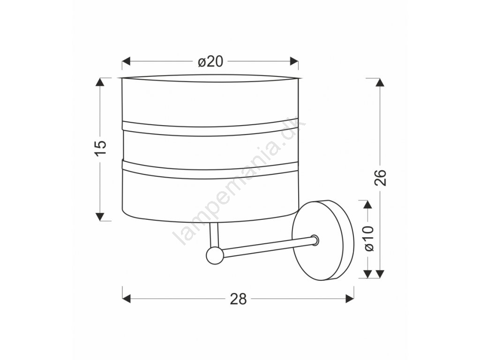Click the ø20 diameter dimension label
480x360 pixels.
point(210,62)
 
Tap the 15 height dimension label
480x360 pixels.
point(100,149)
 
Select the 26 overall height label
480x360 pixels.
point(380,178)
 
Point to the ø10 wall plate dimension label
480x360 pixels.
point(369,239)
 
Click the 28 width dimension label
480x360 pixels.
point(238,299)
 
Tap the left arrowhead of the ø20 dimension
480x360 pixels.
point(127,61)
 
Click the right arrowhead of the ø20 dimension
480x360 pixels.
point(294,61)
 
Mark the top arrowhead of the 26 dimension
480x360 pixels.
point(380,82)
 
